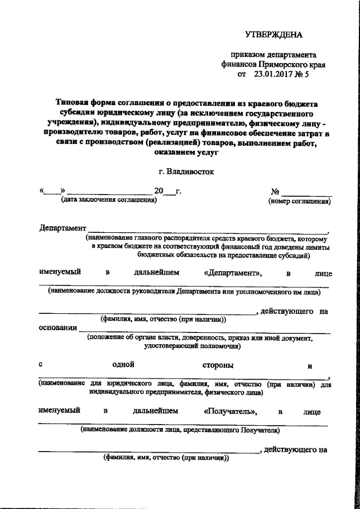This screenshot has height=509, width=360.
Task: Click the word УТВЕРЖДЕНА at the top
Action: point(274,34)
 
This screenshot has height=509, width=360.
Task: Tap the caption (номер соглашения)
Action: point(299,200)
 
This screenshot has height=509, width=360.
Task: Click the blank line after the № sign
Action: point(307,193)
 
